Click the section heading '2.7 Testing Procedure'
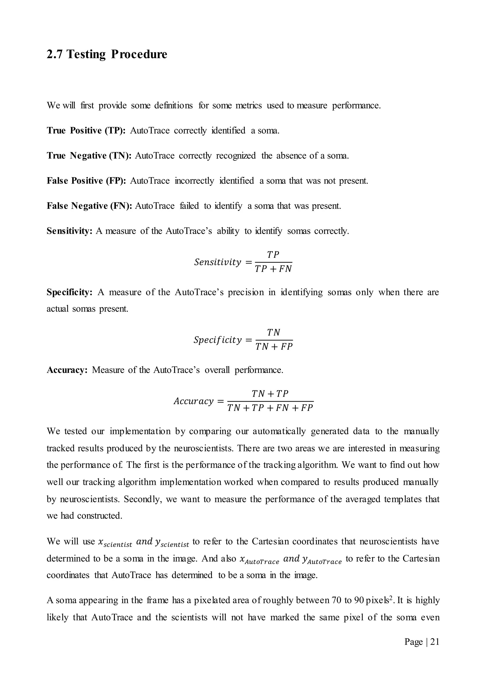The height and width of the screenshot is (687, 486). tap(107, 55)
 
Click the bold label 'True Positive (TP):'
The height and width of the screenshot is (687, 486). tap(86, 131)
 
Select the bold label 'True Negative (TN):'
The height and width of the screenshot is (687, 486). tap(89, 156)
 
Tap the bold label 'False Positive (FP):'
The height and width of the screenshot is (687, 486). tap(86, 181)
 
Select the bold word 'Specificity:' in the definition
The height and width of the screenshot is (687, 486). tap(70, 292)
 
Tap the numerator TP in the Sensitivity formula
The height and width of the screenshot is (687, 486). tap(273, 255)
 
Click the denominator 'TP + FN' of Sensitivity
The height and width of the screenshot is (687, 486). tap(273, 269)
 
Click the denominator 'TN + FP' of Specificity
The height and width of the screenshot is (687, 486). tap(274, 347)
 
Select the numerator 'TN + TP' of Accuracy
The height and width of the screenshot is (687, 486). tap(270, 394)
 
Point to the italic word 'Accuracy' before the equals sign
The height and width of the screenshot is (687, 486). tap(194, 401)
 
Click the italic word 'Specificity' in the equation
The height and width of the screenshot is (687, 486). tap(218, 340)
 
